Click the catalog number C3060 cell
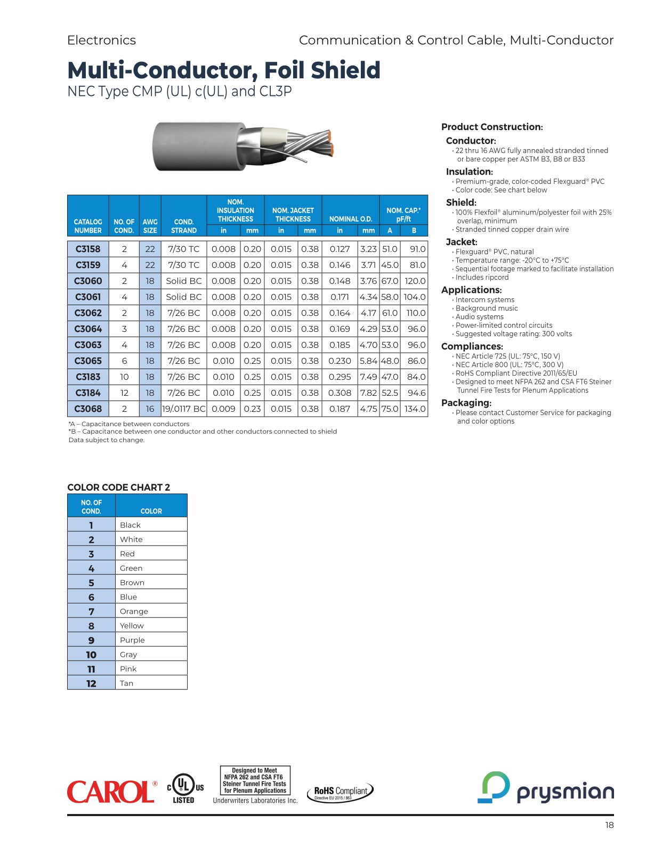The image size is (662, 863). point(88,281)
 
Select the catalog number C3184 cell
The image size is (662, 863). point(88,393)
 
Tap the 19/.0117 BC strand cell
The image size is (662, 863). point(184,409)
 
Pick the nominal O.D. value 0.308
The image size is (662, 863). point(340,393)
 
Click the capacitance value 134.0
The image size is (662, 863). point(415,409)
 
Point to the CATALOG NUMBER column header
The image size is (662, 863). point(88,226)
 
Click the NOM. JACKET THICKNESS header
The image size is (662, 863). point(293,215)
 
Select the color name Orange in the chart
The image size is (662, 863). point(134,612)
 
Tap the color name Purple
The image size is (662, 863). point(132,640)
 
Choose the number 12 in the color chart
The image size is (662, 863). point(91,683)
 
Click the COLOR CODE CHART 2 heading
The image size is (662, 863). point(119,487)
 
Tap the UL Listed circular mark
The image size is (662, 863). point(184,786)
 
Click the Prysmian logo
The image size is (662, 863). point(545,788)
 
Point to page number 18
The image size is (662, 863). point(609,825)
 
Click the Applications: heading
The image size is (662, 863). point(472,290)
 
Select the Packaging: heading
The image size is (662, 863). point(466,403)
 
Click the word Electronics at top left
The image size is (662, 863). point(101,40)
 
